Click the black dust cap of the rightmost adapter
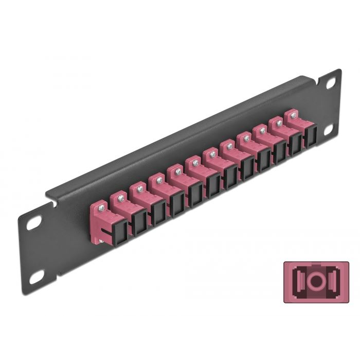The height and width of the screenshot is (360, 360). pos(310,136)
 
